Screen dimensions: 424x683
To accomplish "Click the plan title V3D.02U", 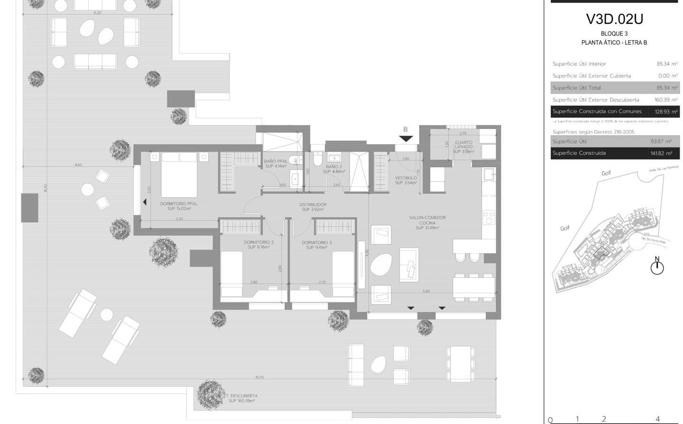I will tap(614, 19).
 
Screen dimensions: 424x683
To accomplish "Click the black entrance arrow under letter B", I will tap(406, 139).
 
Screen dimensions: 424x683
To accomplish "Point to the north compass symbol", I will tap(657, 267).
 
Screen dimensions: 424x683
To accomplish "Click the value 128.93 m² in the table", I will tap(666, 112).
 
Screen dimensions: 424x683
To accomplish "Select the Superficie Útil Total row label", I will tap(577, 88).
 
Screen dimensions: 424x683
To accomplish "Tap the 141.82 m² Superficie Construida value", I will tap(661, 153).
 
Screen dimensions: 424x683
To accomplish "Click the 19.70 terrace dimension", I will tap(259, 378).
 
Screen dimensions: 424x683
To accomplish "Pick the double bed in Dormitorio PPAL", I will tap(179, 174).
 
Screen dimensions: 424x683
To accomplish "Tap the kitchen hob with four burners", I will tap(489, 217).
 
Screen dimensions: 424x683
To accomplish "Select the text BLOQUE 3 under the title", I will tap(614, 34).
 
